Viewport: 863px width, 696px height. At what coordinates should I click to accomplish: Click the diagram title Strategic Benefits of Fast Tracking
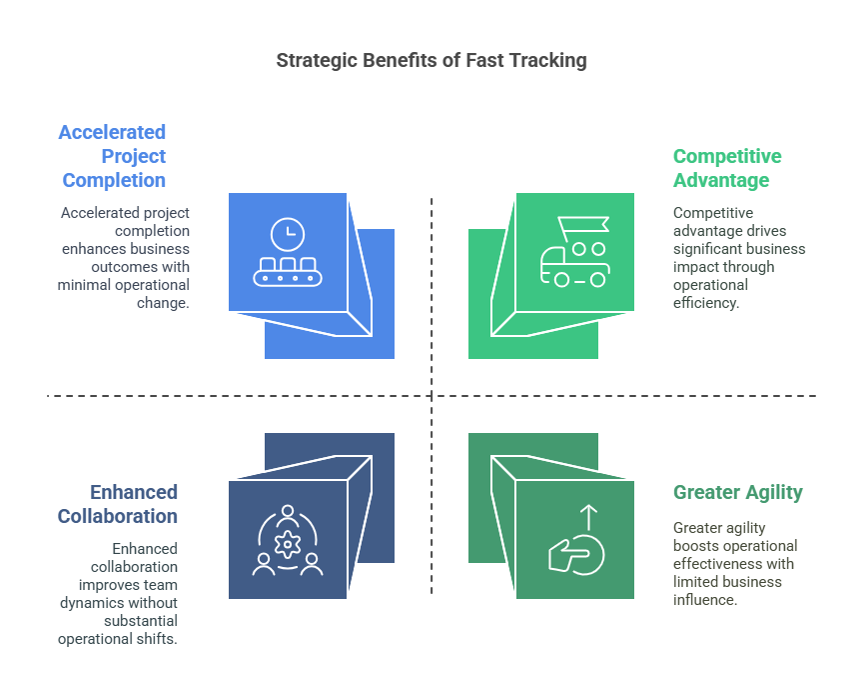click(431, 61)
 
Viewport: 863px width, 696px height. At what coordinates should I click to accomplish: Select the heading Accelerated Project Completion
click(113, 157)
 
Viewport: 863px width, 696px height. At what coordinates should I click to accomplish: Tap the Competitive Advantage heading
click(727, 168)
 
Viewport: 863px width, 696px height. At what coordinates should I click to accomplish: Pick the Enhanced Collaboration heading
click(119, 504)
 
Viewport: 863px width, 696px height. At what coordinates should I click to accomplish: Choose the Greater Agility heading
click(738, 492)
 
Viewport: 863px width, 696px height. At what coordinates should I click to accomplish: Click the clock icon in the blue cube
click(287, 234)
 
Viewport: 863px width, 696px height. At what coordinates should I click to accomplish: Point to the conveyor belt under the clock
click(288, 272)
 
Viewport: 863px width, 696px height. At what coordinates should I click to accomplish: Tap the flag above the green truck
click(583, 225)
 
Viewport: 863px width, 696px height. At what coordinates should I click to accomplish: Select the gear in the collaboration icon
click(288, 545)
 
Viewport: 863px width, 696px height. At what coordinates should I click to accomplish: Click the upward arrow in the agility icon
click(588, 517)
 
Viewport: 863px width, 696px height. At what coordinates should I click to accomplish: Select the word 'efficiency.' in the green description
click(706, 303)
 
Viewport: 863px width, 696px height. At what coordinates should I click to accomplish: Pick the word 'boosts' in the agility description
click(695, 546)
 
